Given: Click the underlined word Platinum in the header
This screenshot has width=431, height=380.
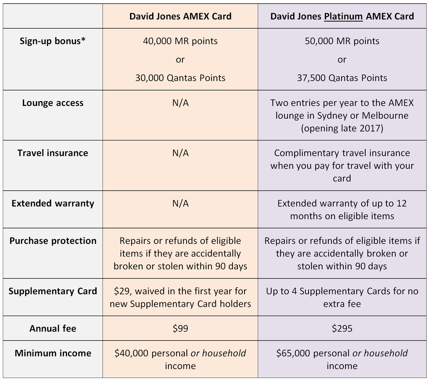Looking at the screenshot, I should (343, 17).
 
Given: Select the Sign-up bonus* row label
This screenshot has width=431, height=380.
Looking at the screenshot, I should (53, 41).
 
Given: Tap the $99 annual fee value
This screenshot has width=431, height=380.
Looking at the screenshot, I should (180, 329).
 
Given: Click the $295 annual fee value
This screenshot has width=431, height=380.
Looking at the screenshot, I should (342, 329).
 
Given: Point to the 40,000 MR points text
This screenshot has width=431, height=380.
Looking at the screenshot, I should (180, 41).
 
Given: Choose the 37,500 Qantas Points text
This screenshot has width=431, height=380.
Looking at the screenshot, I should (342, 78).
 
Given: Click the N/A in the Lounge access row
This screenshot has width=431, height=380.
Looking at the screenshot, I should (180, 103).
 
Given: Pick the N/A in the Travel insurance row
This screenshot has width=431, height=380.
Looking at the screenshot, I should (180, 153).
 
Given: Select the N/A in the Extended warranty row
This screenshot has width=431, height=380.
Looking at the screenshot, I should (180, 203).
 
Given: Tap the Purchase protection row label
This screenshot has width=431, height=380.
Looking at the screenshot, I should (53, 241).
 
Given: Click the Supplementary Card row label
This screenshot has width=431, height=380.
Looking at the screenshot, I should (53, 291).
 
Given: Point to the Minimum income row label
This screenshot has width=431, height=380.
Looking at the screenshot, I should (53, 353).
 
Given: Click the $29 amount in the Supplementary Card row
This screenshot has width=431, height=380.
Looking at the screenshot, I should (121, 291).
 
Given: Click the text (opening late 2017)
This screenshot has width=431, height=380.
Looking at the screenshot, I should (342, 128).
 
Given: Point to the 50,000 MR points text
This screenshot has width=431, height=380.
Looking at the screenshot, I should (342, 41).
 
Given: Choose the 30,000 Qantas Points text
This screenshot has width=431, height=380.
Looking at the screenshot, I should (180, 78).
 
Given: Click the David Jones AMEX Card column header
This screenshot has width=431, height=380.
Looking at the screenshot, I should (180, 17).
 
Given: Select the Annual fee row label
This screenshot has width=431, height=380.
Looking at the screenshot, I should (53, 329).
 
